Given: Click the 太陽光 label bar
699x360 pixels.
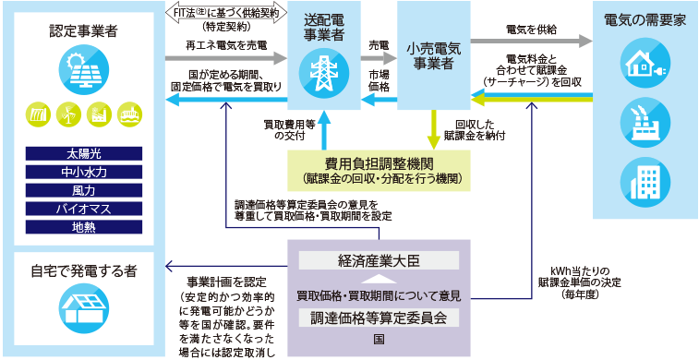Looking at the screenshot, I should click(83, 153).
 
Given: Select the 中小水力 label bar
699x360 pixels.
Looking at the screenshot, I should click(83, 172).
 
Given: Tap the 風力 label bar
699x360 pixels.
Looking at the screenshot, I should click(83, 190).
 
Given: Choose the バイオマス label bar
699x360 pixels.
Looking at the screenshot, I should click(83, 209).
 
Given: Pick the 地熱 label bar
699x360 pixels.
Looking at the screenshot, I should click(83, 227).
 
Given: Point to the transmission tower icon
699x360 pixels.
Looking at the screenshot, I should click(323, 70).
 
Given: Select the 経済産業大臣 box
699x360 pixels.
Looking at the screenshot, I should click(380, 261).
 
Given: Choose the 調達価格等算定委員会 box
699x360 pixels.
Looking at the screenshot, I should click(380, 318).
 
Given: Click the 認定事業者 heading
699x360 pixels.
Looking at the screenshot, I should click(83, 31).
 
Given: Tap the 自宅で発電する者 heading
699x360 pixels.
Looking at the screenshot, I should click(83, 271).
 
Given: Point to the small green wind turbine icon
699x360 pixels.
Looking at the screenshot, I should click(67, 114).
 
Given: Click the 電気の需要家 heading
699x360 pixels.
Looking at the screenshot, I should click(645, 19).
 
